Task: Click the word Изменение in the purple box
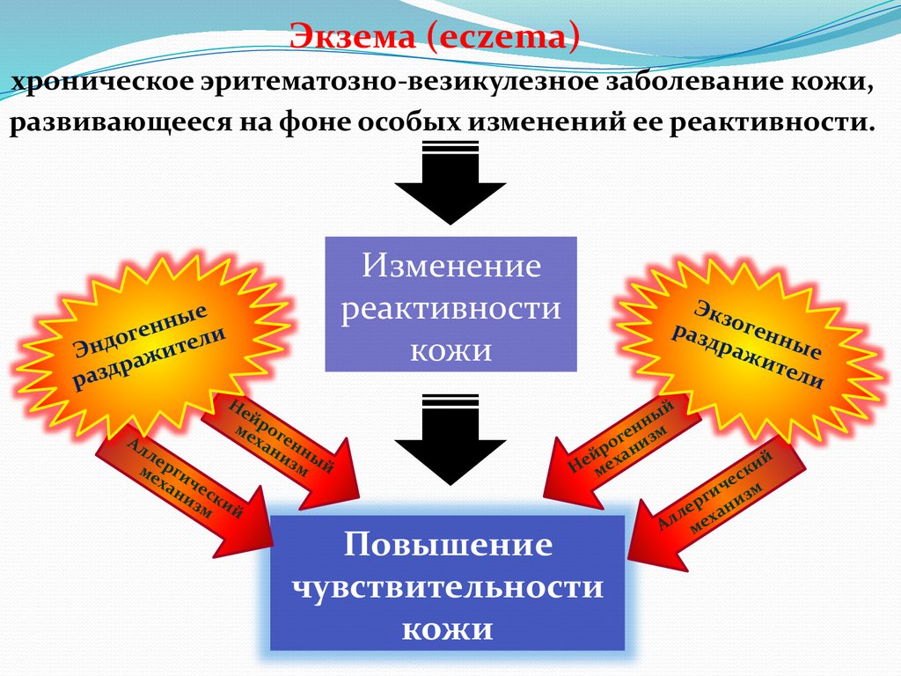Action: pyautogui.click(x=451, y=266)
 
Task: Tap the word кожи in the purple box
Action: pyautogui.click(x=451, y=349)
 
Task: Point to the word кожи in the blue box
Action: pyautogui.click(x=449, y=628)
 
